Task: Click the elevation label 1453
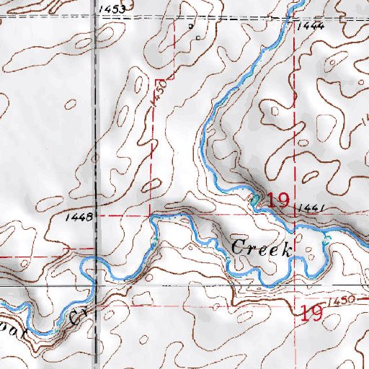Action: point(114,8)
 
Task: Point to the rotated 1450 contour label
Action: point(160,94)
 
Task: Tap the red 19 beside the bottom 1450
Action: point(311,312)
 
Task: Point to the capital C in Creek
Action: point(238,247)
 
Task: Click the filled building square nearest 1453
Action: point(191,27)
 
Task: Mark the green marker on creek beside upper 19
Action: point(254,197)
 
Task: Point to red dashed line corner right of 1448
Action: point(150,215)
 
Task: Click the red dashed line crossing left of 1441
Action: point(295,213)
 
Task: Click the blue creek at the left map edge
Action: point(2,301)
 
